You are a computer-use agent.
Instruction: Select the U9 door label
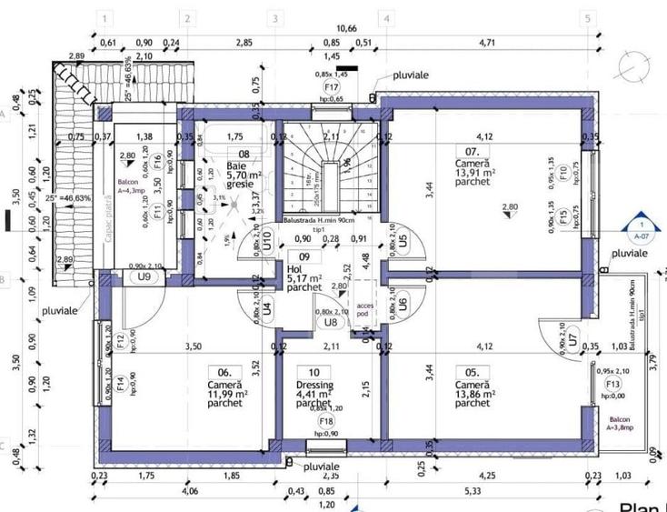(143, 276)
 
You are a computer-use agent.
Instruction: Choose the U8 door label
(330, 321)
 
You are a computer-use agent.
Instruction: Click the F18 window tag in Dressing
(324, 421)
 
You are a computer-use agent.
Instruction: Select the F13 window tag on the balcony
(612, 385)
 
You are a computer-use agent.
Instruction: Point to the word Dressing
(314, 385)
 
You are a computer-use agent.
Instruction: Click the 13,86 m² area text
(474, 395)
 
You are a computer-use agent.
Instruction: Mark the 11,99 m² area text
(224, 395)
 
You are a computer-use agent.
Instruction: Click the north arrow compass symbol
(632, 65)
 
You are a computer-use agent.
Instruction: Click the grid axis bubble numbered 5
(588, 18)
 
